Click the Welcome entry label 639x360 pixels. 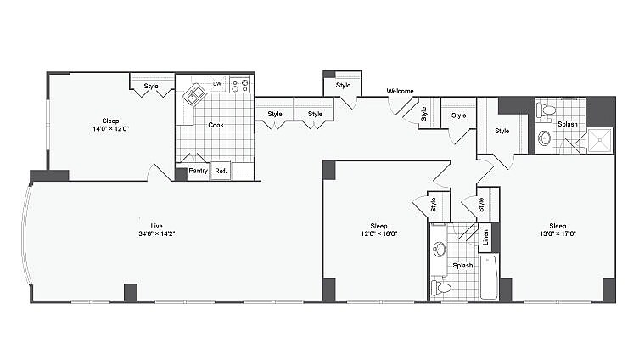(x=400, y=91)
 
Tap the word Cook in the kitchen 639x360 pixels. (x=216, y=125)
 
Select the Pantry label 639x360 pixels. (x=198, y=171)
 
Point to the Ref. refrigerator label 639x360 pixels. (x=221, y=171)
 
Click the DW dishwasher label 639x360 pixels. (x=217, y=83)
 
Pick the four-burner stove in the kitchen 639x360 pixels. (x=242, y=84)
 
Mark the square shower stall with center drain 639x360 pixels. (x=602, y=139)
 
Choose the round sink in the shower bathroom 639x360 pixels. (x=544, y=138)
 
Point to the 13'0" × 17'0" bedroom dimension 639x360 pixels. (x=557, y=234)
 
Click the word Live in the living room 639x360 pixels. (x=156, y=225)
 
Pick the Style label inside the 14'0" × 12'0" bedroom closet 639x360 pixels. (x=151, y=86)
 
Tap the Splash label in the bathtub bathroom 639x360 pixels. (x=462, y=265)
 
